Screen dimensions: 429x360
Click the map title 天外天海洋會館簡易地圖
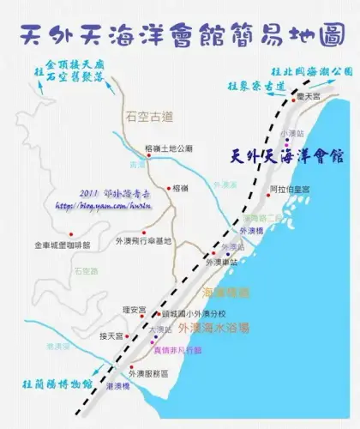coord(180,34)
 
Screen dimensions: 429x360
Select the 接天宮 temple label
coord(112,335)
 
